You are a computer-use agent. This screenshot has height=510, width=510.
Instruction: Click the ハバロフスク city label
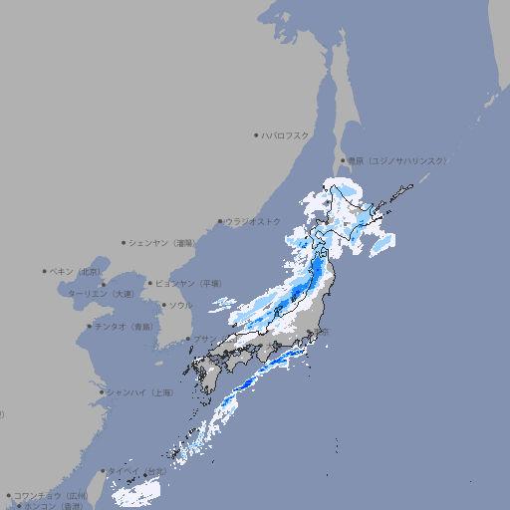[285, 134]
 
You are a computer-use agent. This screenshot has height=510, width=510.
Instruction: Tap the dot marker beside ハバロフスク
[256, 134]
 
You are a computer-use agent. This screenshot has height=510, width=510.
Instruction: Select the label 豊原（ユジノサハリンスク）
[397, 160]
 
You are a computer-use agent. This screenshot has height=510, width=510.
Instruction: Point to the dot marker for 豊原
[344, 160]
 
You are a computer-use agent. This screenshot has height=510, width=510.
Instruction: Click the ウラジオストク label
[253, 221]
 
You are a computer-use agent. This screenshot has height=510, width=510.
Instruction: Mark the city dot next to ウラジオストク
[221, 221]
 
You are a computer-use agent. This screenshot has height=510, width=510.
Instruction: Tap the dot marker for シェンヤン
[125, 242]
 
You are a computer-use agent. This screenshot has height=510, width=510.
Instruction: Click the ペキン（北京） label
[77, 271]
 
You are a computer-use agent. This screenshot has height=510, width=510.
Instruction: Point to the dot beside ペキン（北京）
[45, 271]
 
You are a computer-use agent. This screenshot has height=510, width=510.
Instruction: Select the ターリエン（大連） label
[100, 294]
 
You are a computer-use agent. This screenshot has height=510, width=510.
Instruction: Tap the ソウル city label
[180, 305]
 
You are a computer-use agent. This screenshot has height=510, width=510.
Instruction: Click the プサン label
[204, 339]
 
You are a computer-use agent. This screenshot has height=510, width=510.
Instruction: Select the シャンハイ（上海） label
[139, 392]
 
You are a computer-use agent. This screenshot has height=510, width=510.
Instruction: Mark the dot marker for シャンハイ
[102, 392]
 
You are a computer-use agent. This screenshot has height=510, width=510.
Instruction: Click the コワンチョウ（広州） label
[51, 495]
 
